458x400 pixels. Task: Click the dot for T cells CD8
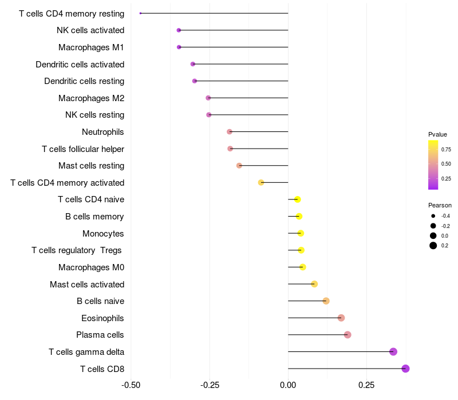[x=405, y=369]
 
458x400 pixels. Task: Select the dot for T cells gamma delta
[x=393, y=351]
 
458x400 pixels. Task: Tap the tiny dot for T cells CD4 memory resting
[x=140, y=13]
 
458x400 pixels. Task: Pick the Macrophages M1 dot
[x=179, y=47]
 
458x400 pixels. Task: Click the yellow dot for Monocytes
[x=301, y=233]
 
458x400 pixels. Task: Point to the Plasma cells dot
[x=348, y=335]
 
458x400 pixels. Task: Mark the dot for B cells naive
[x=326, y=301]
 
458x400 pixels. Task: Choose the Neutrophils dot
[x=230, y=132]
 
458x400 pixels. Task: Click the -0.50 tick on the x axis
[x=131, y=385]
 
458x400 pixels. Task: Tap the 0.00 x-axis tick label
[x=288, y=385]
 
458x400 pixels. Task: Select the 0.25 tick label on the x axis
[x=366, y=385]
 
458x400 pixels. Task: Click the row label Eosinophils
[x=102, y=318]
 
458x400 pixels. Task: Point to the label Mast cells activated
[x=87, y=284]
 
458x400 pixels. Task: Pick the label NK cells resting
[x=94, y=115]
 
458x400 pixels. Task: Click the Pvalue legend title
[x=437, y=134]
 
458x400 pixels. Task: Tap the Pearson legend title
[x=440, y=205]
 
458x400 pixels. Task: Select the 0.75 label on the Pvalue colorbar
[x=446, y=150]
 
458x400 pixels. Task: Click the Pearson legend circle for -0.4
[x=433, y=216]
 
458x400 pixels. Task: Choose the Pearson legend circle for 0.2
[x=433, y=246]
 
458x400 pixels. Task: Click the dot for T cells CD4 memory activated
[x=261, y=182]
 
